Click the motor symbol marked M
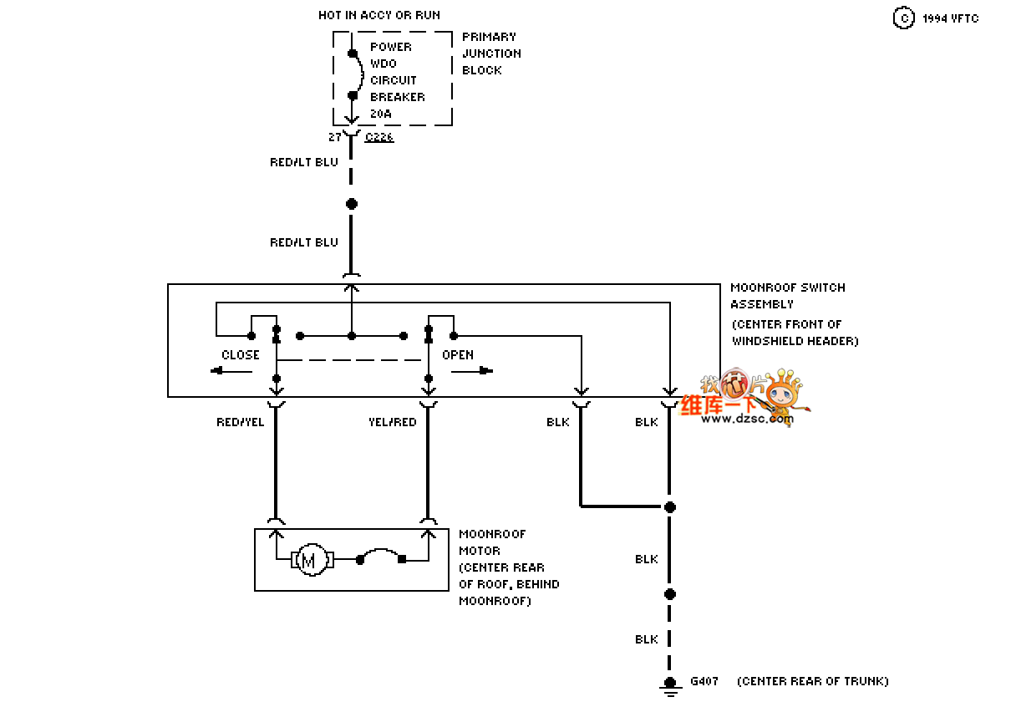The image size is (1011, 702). coord(309,560)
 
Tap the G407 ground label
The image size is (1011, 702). coord(704,681)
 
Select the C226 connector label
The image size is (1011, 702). coord(379,137)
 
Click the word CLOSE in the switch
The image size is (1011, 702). coord(241,355)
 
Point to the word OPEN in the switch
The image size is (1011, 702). coord(458,355)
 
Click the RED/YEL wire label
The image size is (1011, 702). coord(241,422)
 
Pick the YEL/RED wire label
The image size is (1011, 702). coord(393,422)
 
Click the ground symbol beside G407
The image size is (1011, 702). coord(669,685)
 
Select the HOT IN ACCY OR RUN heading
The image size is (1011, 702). coord(379,15)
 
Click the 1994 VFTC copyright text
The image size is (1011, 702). coord(950,18)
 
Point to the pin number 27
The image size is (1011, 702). coord(335,137)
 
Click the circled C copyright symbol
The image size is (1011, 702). coord(903,18)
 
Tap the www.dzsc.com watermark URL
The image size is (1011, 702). coord(747,419)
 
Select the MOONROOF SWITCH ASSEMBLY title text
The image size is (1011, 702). coord(788,296)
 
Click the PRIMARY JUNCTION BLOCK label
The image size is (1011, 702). coord(491,53)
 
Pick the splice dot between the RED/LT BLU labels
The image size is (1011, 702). coord(352,204)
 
